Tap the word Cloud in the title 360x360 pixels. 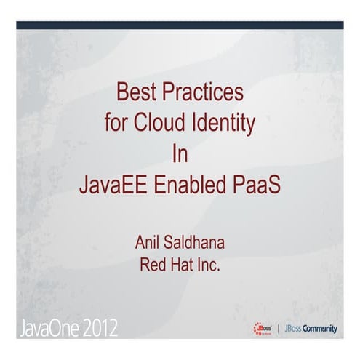[160, 124]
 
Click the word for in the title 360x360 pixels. [116, 124]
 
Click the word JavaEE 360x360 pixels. [112, 183]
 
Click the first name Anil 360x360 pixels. [149, 243]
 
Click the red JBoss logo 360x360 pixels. [263, 328]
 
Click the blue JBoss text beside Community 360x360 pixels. [293, 329]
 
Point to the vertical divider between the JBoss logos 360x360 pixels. [279, 329]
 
